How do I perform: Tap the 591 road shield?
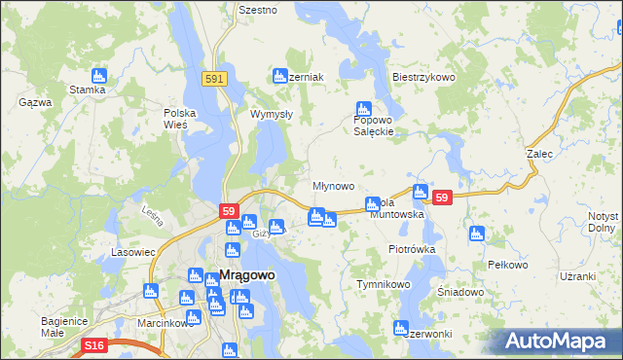coord(216,79)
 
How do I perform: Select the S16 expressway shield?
coord(93,345)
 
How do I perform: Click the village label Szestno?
coord(258,10)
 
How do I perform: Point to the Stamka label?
coord(87,90)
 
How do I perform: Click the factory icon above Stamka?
coord(97,75)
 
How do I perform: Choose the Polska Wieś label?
coord(180,119)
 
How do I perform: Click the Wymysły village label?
coord(272,114)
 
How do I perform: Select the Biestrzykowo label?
coord(423,77)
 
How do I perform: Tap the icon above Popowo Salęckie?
coord(363,109)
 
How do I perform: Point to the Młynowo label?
coord(333,185)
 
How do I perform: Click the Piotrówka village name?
coord(411,249)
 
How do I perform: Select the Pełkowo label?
coord(507,265)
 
